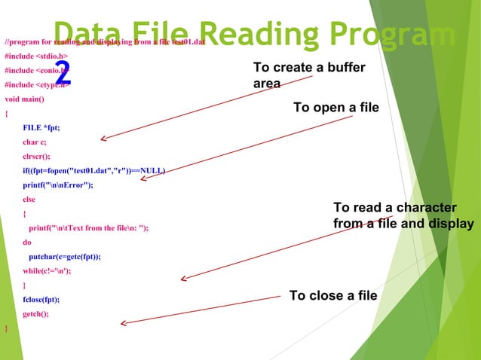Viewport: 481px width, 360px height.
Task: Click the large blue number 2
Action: coord(63,73)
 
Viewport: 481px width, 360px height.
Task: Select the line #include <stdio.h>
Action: coord(36,56)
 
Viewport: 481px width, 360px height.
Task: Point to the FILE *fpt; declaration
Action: coord(41,127)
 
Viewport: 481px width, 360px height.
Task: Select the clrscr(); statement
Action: coord(40,156)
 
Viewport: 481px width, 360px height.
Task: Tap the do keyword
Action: coord(27,243)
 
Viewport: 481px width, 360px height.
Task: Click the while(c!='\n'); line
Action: coord(47,270)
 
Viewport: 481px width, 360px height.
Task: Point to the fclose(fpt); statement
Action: coord(41,299)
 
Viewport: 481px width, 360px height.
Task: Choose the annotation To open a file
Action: coord(335,108)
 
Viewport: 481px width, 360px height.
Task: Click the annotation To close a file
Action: coord(332,295)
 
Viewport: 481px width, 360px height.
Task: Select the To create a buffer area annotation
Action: coord(309,75)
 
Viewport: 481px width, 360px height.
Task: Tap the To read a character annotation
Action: coord(403,215)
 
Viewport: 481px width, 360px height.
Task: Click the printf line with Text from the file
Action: coord(88,227)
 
